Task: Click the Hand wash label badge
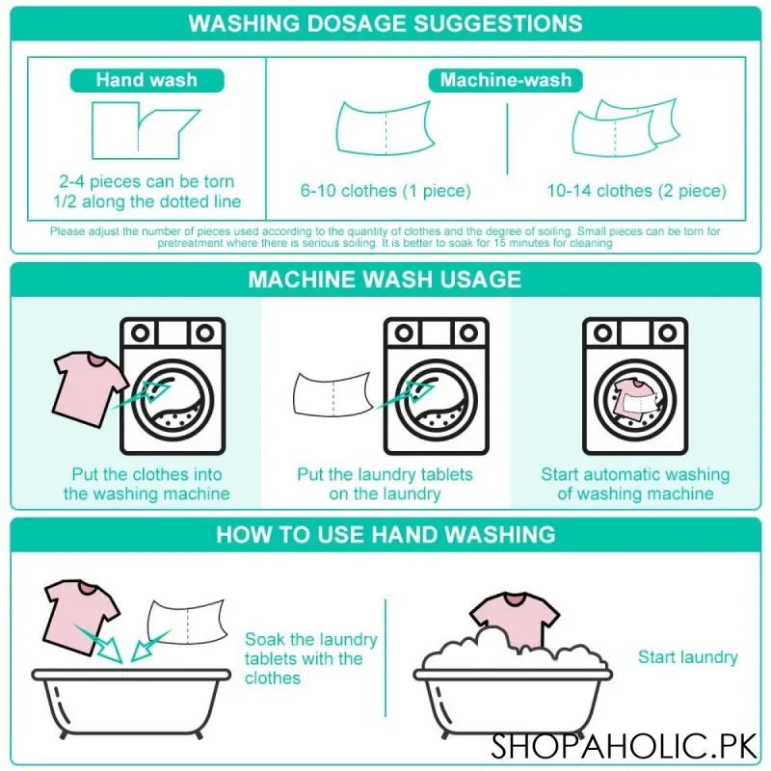(146, 81)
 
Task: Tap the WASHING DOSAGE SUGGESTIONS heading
(385, 23)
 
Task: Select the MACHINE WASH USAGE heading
(385, 279)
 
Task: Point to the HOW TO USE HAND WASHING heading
(385, 534)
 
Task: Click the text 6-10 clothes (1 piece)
(385, 191)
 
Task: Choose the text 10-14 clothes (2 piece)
(636, 191)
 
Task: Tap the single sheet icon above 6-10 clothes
(385, 128)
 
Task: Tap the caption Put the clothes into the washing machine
(146, 484)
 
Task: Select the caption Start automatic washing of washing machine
(635, 484)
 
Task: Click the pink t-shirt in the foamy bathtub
(515, 619)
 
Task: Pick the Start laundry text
(687, 657)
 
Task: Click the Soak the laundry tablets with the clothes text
(310, 658)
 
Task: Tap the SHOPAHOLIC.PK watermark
(625, 745)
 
